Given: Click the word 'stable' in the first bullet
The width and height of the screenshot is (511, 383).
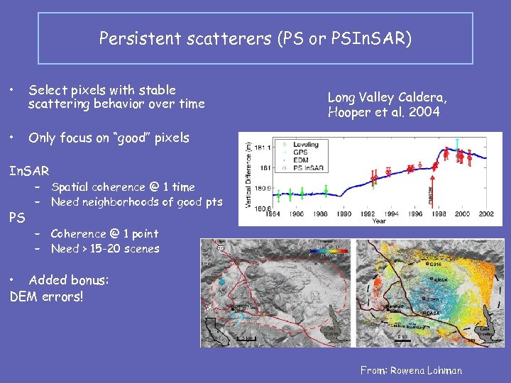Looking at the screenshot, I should point(158,90).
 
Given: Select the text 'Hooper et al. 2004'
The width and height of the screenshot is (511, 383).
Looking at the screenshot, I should point(384,112).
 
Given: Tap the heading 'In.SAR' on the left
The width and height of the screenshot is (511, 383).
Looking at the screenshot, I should point(29,171).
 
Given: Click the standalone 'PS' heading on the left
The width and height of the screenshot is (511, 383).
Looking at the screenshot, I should point(17,218).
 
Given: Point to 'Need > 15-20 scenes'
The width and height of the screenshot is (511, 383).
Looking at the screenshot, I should point(105,249).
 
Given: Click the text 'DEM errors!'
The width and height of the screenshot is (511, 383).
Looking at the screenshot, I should point(47,296).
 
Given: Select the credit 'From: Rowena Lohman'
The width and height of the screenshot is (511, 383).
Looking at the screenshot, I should point(411,370).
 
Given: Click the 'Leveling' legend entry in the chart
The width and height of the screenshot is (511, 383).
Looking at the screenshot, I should point(304,145).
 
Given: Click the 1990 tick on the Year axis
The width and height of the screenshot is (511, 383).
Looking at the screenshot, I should point(344,213).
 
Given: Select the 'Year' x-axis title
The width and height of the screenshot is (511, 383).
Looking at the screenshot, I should point(379,221).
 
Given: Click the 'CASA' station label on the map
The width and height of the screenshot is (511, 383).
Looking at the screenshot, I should point(433,312).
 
